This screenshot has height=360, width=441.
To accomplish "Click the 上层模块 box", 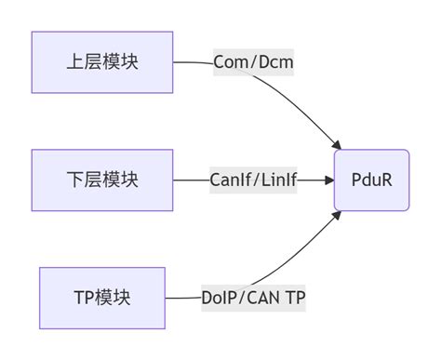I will (x=102, y=62).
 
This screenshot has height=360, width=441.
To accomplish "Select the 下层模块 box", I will (x=102, y=180).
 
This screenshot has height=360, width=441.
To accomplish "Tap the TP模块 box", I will (x=102, y=298).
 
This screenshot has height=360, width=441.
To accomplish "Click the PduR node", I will (x=371, y=180).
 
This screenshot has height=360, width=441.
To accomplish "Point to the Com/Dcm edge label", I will (x=253, y=62).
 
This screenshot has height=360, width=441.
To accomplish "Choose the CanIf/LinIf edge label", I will (x=253, y=180).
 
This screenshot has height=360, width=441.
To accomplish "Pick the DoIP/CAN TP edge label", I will (x=253, y=298).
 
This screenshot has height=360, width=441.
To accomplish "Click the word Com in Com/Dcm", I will (x=229, y=62).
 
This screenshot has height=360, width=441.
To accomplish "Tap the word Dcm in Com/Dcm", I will (x=276, y=62).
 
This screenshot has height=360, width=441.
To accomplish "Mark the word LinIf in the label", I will (x=276, y=180).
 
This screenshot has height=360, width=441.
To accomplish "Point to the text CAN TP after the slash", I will (x=277, y=298).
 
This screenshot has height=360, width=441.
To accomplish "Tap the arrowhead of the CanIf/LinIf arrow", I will (x=328, y=180).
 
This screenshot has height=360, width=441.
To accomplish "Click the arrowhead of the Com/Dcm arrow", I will (x=336, y=144).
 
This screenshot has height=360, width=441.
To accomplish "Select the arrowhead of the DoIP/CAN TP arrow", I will (x=336, y=216).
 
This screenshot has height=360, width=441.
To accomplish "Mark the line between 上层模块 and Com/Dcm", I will (x=192, y=62).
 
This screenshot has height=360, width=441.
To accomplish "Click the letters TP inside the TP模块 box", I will (x=83, y=298).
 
